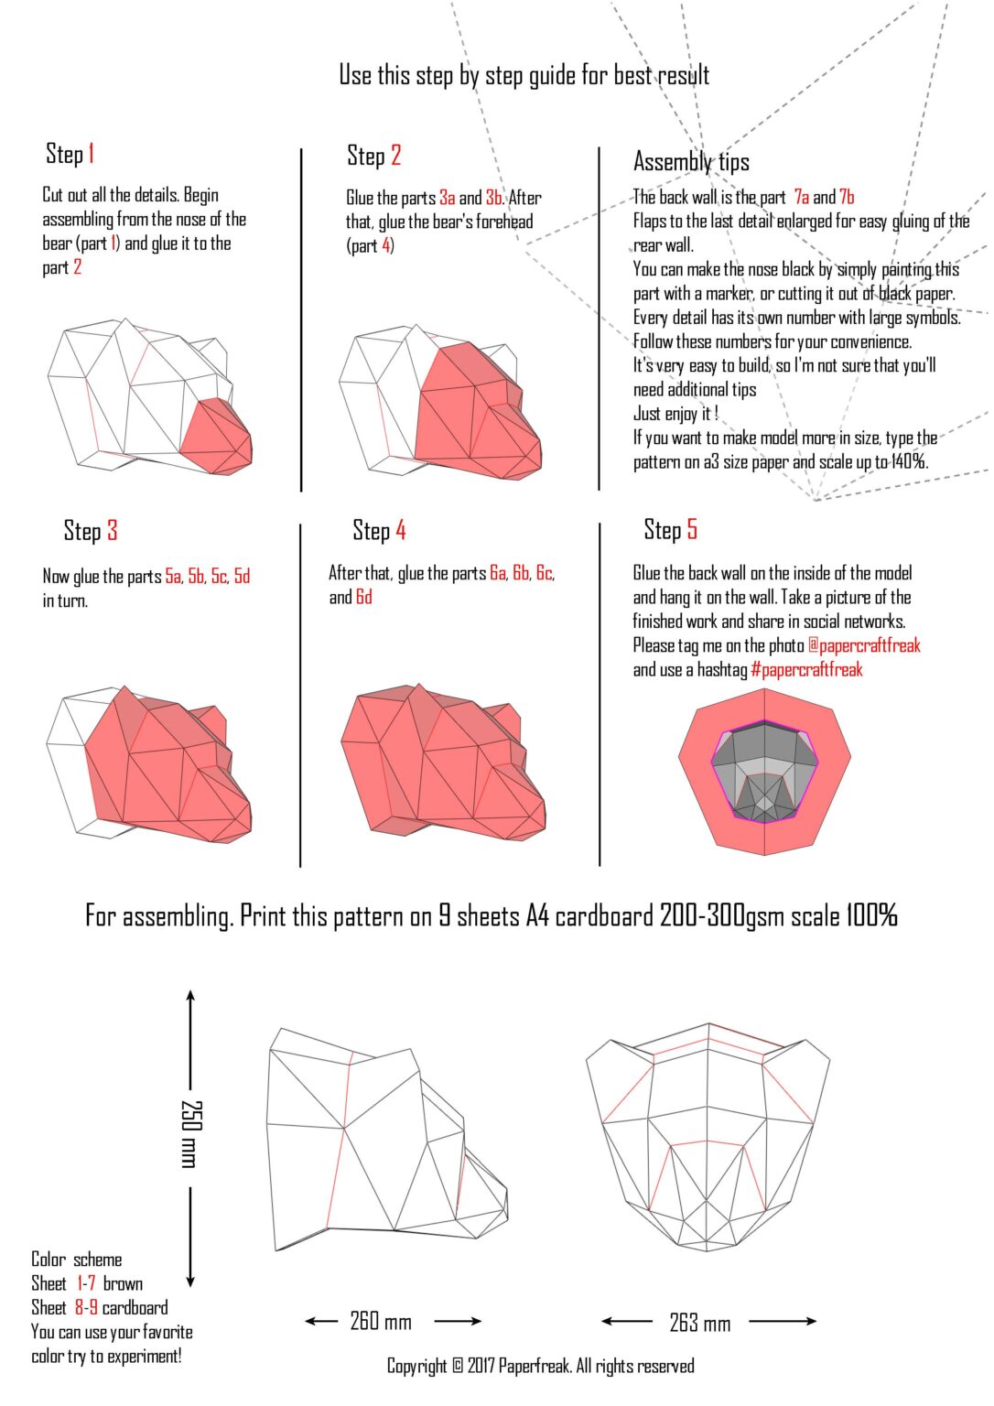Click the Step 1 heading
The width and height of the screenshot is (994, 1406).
[70, 154]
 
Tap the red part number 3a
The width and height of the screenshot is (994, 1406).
[447, 198]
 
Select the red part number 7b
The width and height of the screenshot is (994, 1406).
[847, 197]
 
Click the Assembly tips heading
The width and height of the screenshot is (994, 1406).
[691, 162]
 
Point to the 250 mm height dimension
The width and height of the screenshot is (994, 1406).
[190, 1133]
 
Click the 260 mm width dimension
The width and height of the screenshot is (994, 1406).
[381, 1321]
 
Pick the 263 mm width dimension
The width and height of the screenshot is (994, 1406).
[700, 1322]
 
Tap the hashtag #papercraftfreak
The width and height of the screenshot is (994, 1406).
[806, 669]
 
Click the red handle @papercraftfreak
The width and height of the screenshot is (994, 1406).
[864, 645]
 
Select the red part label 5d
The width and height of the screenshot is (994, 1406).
[242, 576]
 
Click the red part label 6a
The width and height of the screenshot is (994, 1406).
[498, 573]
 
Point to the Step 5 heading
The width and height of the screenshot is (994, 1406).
[670, 530]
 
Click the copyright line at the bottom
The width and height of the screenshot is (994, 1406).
[540, 1366]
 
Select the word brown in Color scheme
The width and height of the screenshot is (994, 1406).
[123, 1283]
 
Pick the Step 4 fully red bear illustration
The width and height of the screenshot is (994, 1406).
[441, 760]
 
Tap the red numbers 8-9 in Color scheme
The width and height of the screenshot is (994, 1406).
[86, 1307]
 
